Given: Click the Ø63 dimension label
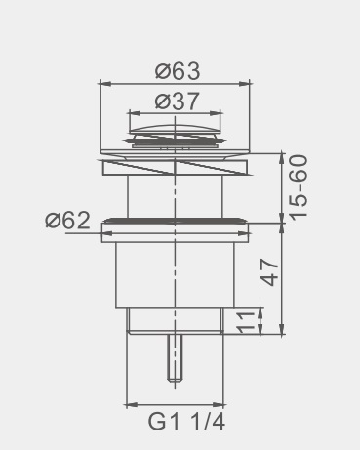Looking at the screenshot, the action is click(178, 71).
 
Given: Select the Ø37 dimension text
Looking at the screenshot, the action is click(177, 102).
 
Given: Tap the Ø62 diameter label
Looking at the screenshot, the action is click(67, 221).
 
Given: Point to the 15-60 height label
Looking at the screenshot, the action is click(299, 188).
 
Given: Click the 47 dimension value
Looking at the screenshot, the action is click(270, 272).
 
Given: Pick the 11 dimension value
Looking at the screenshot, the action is click(246, 323).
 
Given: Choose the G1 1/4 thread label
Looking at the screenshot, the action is click(186, 422).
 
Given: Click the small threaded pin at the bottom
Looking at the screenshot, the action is click(175, 357).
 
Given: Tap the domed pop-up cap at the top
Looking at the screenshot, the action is click(175, 129).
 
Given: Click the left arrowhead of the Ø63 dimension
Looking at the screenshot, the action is click(105, 83).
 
